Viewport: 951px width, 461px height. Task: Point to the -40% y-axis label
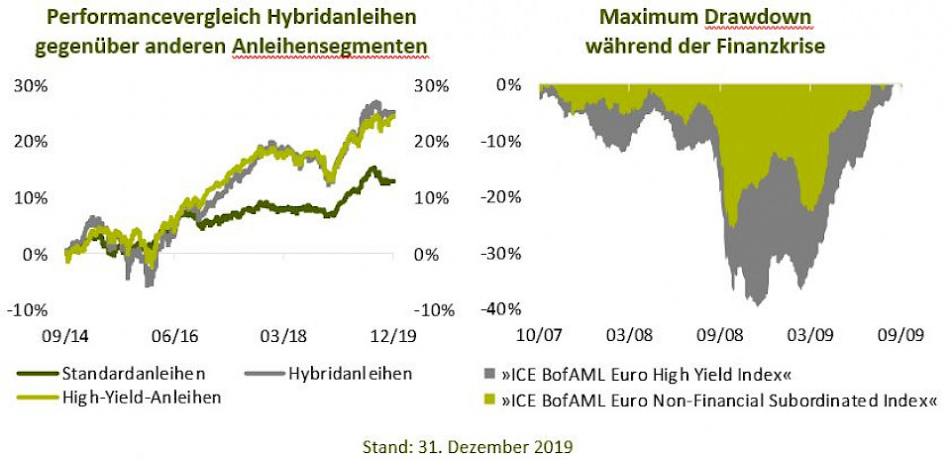(x=500, y=310)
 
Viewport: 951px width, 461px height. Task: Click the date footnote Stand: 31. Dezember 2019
(x=475, y=445)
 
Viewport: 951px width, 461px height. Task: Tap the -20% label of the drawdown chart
(x=500, y=197)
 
